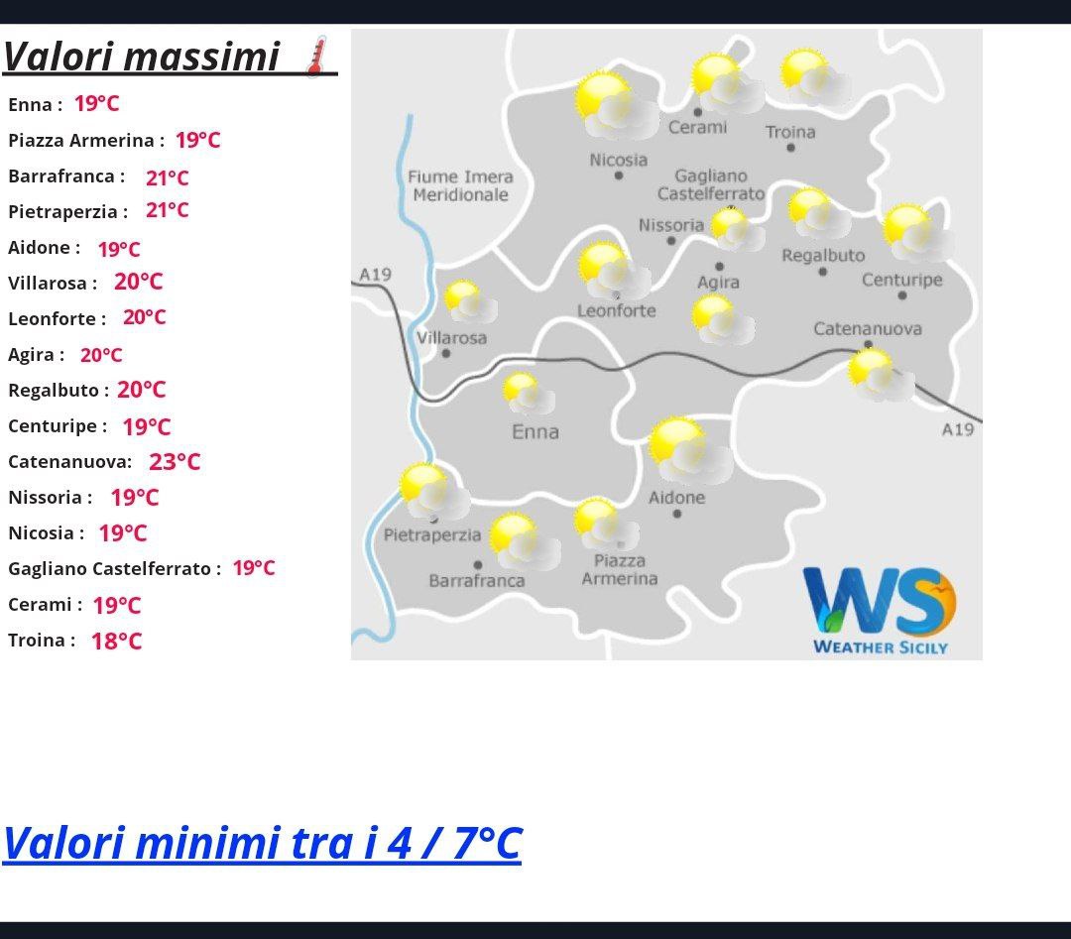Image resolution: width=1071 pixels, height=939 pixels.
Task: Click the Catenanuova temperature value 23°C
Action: (x=175, y=462)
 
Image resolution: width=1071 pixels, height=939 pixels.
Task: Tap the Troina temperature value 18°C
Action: (x=117, y=642)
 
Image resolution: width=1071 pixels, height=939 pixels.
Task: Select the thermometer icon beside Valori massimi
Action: (x=316, y=57)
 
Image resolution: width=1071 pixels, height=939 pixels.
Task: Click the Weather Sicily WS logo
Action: (x=880, y=610)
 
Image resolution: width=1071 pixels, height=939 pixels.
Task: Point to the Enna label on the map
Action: (x=535, y=431)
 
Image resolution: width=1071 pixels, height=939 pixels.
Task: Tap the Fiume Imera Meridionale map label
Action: (x=460, y=185)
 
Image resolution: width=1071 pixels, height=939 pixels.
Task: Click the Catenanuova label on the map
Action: (x=868, y=329)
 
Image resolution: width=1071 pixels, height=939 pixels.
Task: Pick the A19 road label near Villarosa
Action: (x=375, y=275)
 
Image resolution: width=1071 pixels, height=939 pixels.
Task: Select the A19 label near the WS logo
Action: (x=958, y=429)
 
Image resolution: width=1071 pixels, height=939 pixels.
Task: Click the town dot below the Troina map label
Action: (x=791, y=148)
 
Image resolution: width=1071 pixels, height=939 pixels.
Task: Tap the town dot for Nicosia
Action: (x=619, y=176)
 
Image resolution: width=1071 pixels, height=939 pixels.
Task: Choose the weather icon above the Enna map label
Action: (x=528, y=394)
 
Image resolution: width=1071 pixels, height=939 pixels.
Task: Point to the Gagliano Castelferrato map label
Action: (x=711, y=185)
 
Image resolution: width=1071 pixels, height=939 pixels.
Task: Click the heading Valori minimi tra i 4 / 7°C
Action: (x=262, y=843)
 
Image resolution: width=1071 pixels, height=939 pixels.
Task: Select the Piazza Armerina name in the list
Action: (x=81, y=141)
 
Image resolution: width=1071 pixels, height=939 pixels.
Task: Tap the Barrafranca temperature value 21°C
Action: (x=168, y=178)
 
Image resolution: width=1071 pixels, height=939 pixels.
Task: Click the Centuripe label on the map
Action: (x=901, y=280)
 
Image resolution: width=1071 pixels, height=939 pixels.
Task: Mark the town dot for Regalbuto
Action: (x=823, y=272)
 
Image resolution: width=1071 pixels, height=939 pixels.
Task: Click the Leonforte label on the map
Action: (x=617, y=311)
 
